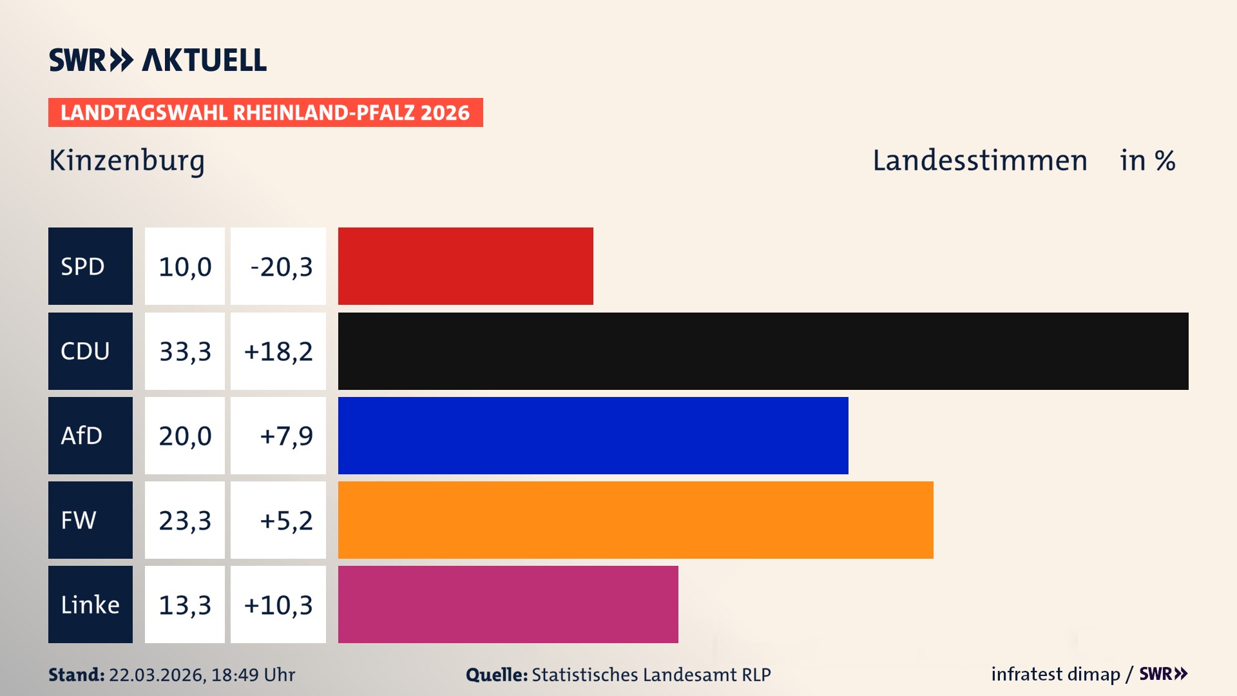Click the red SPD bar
(465, 266)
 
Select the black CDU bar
(763, 351)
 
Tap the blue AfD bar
(593, 436)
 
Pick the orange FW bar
(635, 520)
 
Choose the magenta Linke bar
(508, 604)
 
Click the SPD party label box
(90, 266)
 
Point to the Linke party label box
(90, 604)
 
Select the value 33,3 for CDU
(185, 351)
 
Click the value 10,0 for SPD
(185, 266)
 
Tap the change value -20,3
(281, 267)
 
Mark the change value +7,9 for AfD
(285, 436)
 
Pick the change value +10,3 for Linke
(278, 604)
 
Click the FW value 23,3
(185, 520)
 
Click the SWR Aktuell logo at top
(158, 60)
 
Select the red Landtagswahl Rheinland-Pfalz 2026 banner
(265, 113)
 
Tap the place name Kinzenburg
(127, 160)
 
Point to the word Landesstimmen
(980, 160)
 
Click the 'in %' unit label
(1147, 160)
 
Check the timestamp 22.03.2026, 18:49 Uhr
(202, 675)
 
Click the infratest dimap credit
(1055, 674)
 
